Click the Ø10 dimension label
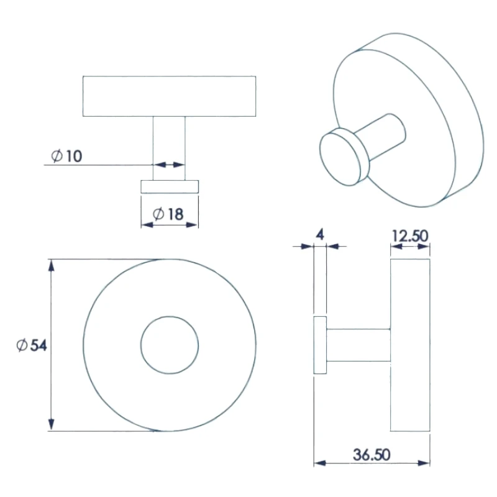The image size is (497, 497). (66, 156)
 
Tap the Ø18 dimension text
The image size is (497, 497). (168, 214)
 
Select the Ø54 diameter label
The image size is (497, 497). (32, 345)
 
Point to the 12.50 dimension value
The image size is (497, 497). (410, 236)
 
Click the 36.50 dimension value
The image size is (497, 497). (372, 455)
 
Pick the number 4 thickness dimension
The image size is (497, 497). (320, 235)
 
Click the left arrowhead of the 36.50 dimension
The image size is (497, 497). (320, 463)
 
